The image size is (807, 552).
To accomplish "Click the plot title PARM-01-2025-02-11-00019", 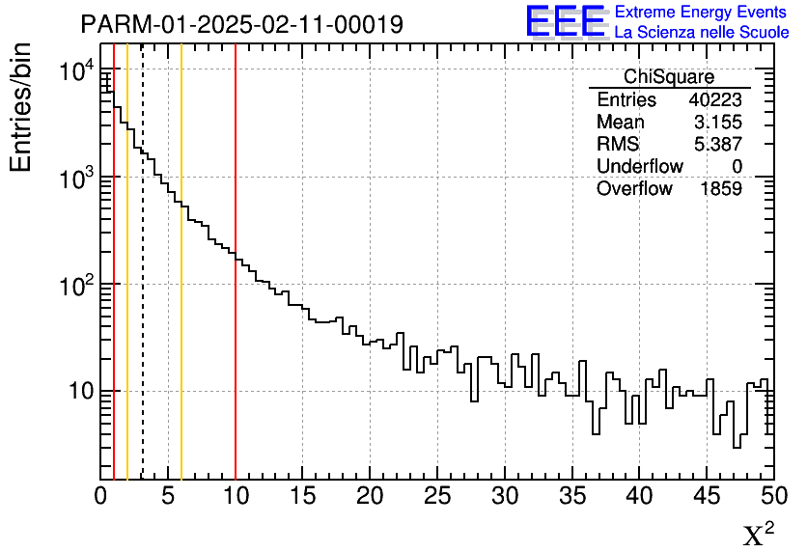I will pos(241,23).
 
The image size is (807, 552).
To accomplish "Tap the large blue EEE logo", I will pos(565,21).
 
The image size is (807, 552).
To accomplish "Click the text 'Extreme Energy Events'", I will pos(701,13).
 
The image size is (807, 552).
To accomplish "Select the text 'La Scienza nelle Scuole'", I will pos(701,33).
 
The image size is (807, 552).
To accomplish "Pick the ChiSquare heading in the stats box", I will pos(668,77).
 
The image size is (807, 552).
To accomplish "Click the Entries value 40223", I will pos(715,100).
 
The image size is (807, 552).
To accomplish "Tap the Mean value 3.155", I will pos(717,123).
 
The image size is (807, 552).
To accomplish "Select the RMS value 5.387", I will pos(717,145).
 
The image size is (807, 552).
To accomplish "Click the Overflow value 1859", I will pos(720,189).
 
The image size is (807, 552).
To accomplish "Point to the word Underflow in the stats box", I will pos(639,167).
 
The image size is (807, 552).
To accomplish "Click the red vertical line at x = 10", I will pos(236,290).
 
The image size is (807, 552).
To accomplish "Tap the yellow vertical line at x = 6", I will pos(181,290).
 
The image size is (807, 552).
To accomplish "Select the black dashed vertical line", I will pos(143,290).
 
